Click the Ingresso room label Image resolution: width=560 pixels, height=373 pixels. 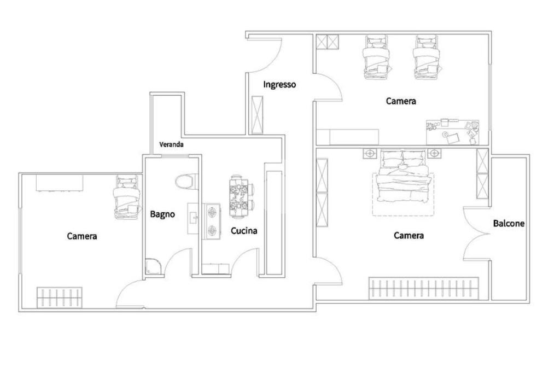[279, 85]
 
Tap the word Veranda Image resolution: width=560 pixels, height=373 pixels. [171, 145]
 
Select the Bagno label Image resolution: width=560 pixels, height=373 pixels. [162, 214]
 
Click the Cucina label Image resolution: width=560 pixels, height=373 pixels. [244, 231]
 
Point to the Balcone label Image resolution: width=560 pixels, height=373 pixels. [509, 223]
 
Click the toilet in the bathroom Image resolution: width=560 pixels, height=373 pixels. [185, 182]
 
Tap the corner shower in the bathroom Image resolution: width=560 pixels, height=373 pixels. [154, 266]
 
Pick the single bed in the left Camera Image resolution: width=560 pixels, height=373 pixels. [126, 197]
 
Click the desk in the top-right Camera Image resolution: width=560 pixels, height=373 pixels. [453, 131]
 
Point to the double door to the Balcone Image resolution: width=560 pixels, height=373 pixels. [475, 235]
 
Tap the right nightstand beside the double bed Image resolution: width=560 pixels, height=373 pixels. [435, 153]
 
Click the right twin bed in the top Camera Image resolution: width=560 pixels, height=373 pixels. [426, 56]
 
